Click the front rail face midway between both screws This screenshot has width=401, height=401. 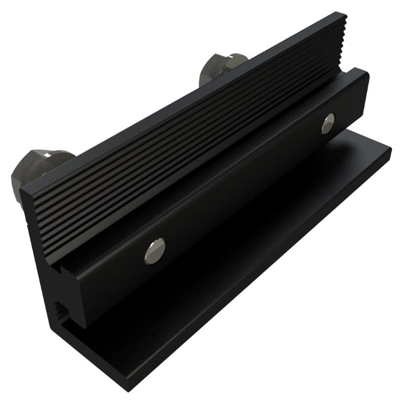click(241, 189)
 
